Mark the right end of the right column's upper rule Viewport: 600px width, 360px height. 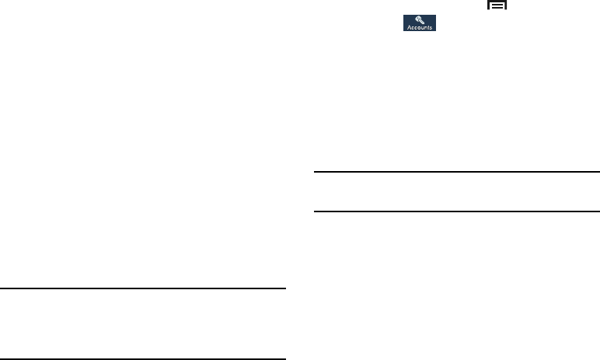click(x=598, y=173)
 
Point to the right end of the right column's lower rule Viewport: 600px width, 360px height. click(x=598, y=211)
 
